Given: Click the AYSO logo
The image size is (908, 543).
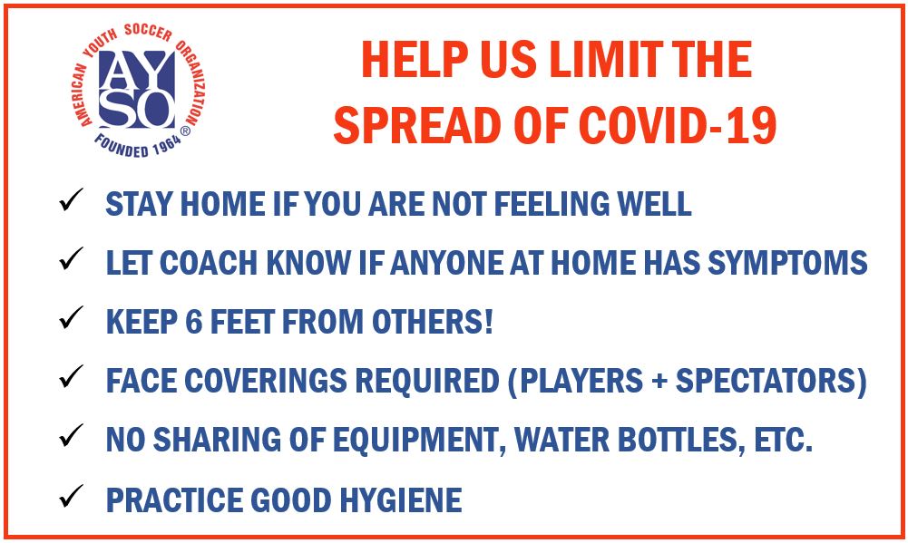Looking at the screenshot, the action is pyautogui.click(x=138, y=92).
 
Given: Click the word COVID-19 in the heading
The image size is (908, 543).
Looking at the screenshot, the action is pyautogui.click(x=679, y=126).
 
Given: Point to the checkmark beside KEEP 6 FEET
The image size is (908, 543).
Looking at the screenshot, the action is pyautogui.click(x=72, y=318).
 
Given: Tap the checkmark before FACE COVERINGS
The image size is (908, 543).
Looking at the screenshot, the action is pyautogui.click(x=72, y=377).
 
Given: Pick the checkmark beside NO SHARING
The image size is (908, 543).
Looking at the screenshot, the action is pyautogui.click(x=72, y=436).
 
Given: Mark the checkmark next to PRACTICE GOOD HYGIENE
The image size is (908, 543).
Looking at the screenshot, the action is pyautogui.click(x=72, y=496).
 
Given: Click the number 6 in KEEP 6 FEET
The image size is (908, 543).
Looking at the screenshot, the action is pyautogui.click(x=194, y=322).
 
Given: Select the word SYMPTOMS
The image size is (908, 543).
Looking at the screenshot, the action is pyautogui.click(x=787, y=263).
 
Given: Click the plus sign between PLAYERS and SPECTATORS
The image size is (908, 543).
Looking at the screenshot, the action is pyautogui.click(x=659, y=382).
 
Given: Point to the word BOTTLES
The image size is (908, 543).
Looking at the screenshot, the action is pyautogui.click(x=681, y=441).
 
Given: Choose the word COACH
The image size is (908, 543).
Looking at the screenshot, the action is pyautogui.click(x=209, y=263).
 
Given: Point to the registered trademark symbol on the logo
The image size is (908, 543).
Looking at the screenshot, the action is pyautogui.click(x=185, y=131).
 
